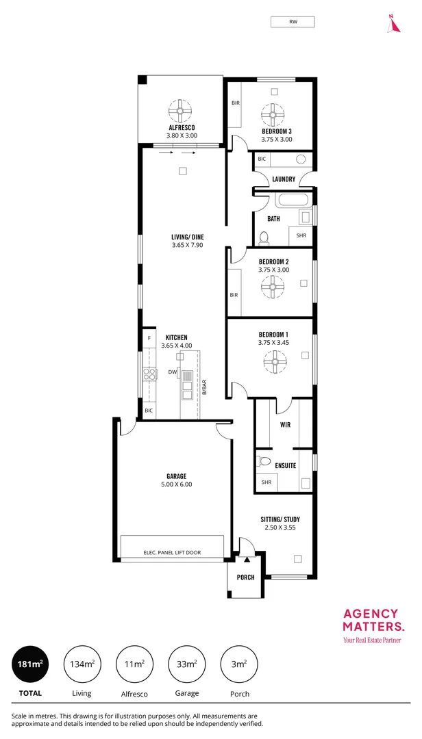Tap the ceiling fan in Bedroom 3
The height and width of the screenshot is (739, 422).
(273, 112)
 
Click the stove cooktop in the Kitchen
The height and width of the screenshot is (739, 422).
(150, 374)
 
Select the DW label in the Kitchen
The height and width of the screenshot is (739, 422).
(173, 372)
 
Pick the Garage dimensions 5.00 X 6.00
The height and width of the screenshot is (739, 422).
(176, 484)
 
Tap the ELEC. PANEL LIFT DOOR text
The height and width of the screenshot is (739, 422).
(172, 552)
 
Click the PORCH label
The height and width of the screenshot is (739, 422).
(245, 578)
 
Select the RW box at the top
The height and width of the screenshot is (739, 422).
(293, 23)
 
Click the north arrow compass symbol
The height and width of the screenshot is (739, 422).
(393, 24)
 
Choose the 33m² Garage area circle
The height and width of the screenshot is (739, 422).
(187, 664)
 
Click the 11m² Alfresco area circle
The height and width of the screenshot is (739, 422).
(134, 664)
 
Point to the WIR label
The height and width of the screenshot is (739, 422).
(286, 425)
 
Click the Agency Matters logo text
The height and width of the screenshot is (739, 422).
(373, 619)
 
